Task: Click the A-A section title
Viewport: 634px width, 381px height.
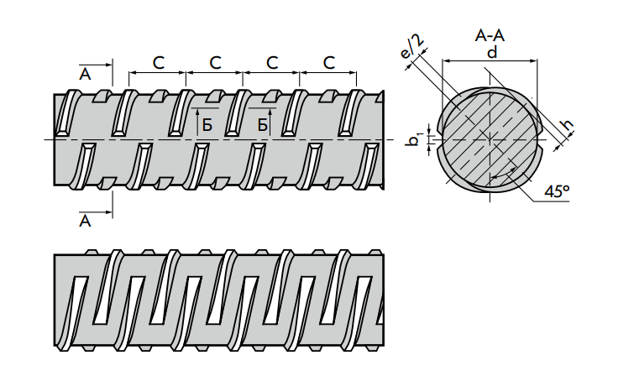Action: [x=490, y=35]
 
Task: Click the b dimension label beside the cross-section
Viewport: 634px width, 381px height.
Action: [x=414, y=138]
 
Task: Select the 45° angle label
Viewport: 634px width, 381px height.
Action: [x=557, y=191]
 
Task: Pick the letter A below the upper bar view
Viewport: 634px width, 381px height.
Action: [x=84, y=222]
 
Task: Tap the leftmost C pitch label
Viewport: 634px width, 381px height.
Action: [x=158, y=62]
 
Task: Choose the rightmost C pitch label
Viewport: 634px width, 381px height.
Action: [x=329, y=62]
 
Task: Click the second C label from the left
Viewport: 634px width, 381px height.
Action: [x=215, y=62]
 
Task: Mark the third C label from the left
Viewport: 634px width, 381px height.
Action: [x=272, y=62]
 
